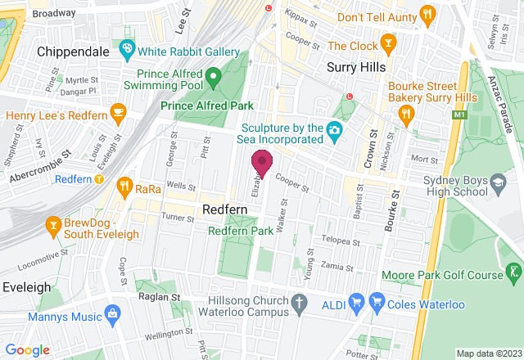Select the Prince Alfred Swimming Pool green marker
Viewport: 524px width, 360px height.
click(x=213, y=79)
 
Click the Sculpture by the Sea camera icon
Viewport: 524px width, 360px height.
click(x=334, y=129)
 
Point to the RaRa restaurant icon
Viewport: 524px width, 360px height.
click(x=124, y=187)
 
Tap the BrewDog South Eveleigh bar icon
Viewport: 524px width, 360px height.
click(x=54, y=223)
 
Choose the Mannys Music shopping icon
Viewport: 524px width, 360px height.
click(x=113, y=314)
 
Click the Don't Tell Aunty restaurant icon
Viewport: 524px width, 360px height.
click(x=427, y=16)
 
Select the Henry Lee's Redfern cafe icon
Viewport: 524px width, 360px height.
click(x=119, y=110)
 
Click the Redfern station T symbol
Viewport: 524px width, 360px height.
click(x=99, y=178)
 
